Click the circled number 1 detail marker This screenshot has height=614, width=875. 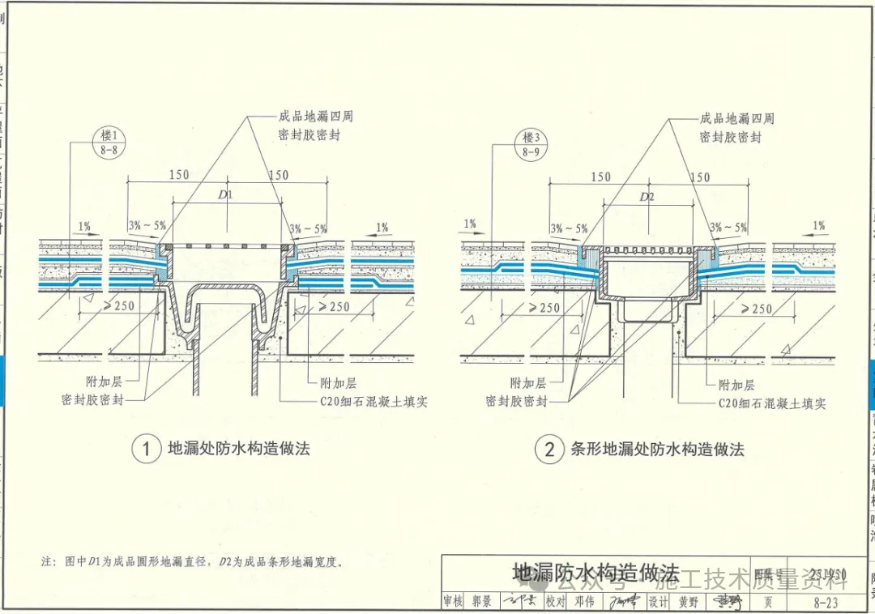coord(147,449)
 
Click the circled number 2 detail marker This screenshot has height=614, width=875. coord(549,449)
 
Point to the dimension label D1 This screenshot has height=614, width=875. coord(225,195)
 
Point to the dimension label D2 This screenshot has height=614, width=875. coord(647,197)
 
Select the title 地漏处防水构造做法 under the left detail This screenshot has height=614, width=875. coord(239,448)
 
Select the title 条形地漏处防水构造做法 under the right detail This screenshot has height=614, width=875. coord(657,449)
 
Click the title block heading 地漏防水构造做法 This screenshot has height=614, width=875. coord(595,572)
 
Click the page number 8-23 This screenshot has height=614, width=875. coord(825,602)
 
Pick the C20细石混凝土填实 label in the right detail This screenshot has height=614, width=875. coord(771,403)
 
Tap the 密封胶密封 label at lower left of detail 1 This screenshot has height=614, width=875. coord(92,400)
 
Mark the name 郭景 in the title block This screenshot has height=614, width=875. coord(481,602)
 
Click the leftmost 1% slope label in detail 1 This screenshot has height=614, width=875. coord(85,226)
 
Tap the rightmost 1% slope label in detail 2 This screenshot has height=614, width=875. coord(819,226)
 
